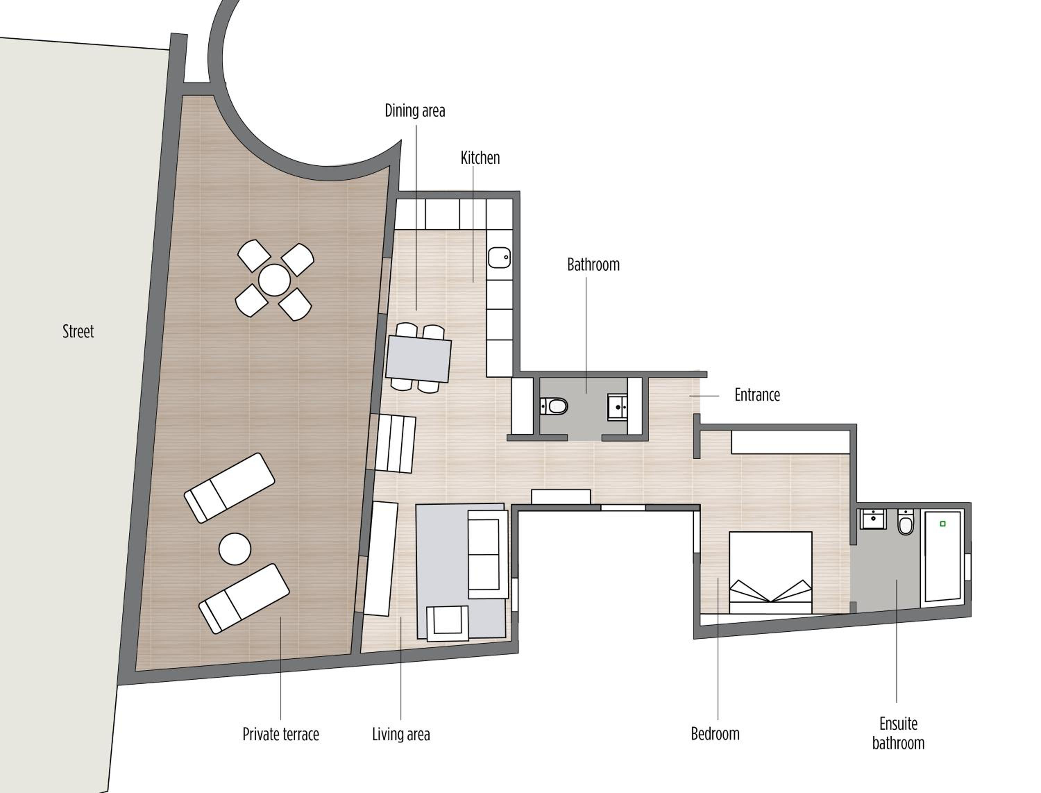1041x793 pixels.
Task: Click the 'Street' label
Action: (x=78, y=331)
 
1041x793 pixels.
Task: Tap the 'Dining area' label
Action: (x=415, y=110)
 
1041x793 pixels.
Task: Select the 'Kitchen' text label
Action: (x=480, y=158)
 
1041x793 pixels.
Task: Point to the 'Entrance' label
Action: (x=757, y=395)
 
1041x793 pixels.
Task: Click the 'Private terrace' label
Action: (x=281, y=734)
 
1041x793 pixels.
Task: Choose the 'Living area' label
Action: (x=401, y=734)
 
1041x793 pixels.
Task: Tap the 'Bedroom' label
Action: (x=715, y=734)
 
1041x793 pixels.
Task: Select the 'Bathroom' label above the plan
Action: (x=593, y=264)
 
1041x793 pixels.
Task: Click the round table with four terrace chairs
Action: (x=274, y=280)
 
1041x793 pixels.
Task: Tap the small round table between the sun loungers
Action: (x=235, y=549)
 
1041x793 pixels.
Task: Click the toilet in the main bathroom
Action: (x=554, y=406)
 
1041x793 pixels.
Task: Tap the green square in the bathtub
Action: (x=943, y=524)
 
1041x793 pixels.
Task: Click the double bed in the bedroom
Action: (x=770, y=573)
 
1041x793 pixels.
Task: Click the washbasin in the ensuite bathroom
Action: (x=873, y=519)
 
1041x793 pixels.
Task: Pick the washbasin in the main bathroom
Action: (x=617, y=407)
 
